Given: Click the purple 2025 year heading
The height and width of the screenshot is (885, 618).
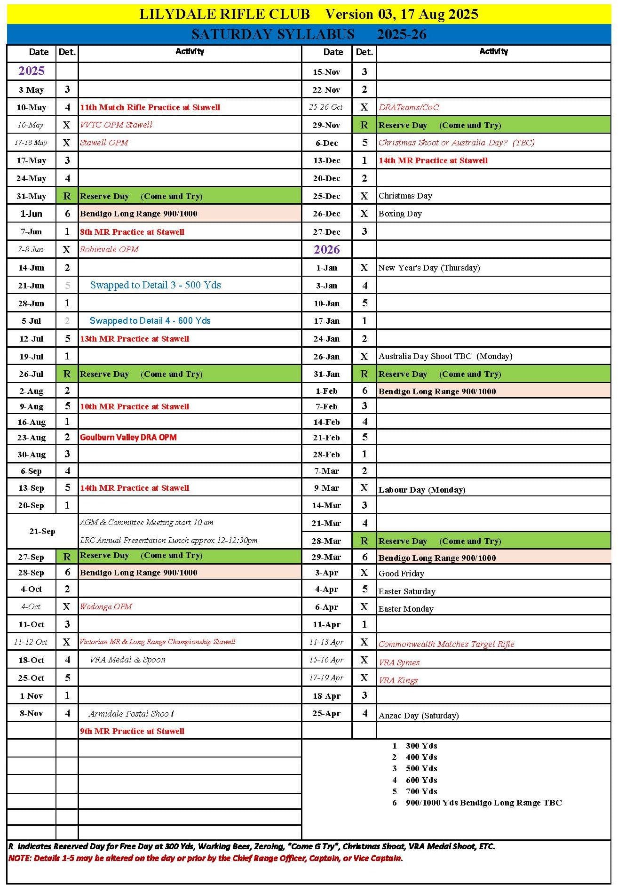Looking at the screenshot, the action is pos(32,71).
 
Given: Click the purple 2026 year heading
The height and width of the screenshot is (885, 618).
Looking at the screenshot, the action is pos(327,249).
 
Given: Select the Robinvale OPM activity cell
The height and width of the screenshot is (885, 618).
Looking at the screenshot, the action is pos(109,249).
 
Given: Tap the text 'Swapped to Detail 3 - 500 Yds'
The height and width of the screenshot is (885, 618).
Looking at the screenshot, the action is pos(155,285).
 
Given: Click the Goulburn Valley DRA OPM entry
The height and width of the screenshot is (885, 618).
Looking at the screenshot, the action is pos(128,437).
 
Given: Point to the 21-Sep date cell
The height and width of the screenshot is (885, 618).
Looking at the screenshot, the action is pos(42,531).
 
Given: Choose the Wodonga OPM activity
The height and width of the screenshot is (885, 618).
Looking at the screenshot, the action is pos(106,606).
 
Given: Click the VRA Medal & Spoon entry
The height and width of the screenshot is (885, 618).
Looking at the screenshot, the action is pos(127,660).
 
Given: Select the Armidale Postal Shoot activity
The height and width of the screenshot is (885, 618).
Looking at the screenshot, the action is pos(131,714).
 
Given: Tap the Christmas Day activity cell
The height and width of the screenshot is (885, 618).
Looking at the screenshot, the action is pos(405,196).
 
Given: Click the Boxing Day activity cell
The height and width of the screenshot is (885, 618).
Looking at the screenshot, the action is pos(400,214).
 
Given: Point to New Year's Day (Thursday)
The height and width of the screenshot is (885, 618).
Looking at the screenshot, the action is pos(429,268).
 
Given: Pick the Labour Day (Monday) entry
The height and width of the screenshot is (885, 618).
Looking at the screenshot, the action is pos(421,489).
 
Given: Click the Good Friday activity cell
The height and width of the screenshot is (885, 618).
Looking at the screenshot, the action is pos(401,573).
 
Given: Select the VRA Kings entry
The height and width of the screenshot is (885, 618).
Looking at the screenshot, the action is pos(398,680).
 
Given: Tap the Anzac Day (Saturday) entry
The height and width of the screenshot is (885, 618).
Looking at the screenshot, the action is pos(418,715).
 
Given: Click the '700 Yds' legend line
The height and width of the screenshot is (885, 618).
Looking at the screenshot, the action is pos(421,791).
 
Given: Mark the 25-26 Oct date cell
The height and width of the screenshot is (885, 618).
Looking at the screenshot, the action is pos(326,107).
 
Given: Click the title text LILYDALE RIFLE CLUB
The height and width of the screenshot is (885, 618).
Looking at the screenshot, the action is pos(224,14).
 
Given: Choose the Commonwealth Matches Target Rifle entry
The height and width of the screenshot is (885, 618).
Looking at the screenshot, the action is pos(446,644).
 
